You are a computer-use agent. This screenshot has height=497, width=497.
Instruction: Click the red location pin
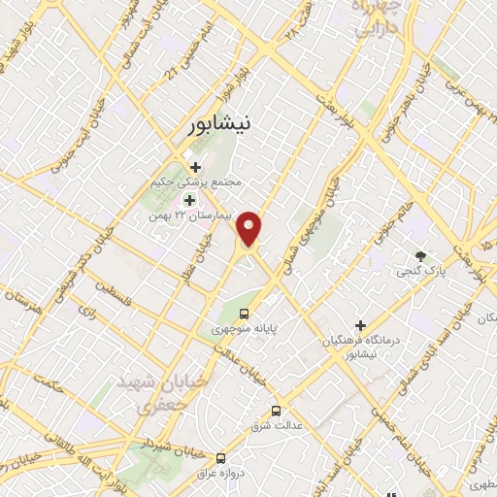click(x=250, y=227)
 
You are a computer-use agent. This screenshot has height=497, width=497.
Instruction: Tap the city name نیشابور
click(x=223, y=124)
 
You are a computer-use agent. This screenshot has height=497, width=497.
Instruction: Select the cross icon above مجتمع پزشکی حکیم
click(x=195, y=167)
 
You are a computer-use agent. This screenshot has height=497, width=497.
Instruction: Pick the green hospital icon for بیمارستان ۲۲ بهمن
click(x=190, y=197)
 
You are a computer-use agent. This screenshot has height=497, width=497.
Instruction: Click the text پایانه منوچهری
click(x=247, y=329)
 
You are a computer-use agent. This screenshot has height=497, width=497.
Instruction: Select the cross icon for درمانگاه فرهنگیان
click(x=360, y=325)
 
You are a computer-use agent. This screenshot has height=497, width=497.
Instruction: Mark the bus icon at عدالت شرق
click(x=277, y=411)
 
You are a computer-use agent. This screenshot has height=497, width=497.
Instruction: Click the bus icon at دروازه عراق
click(x=221, y=457)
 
